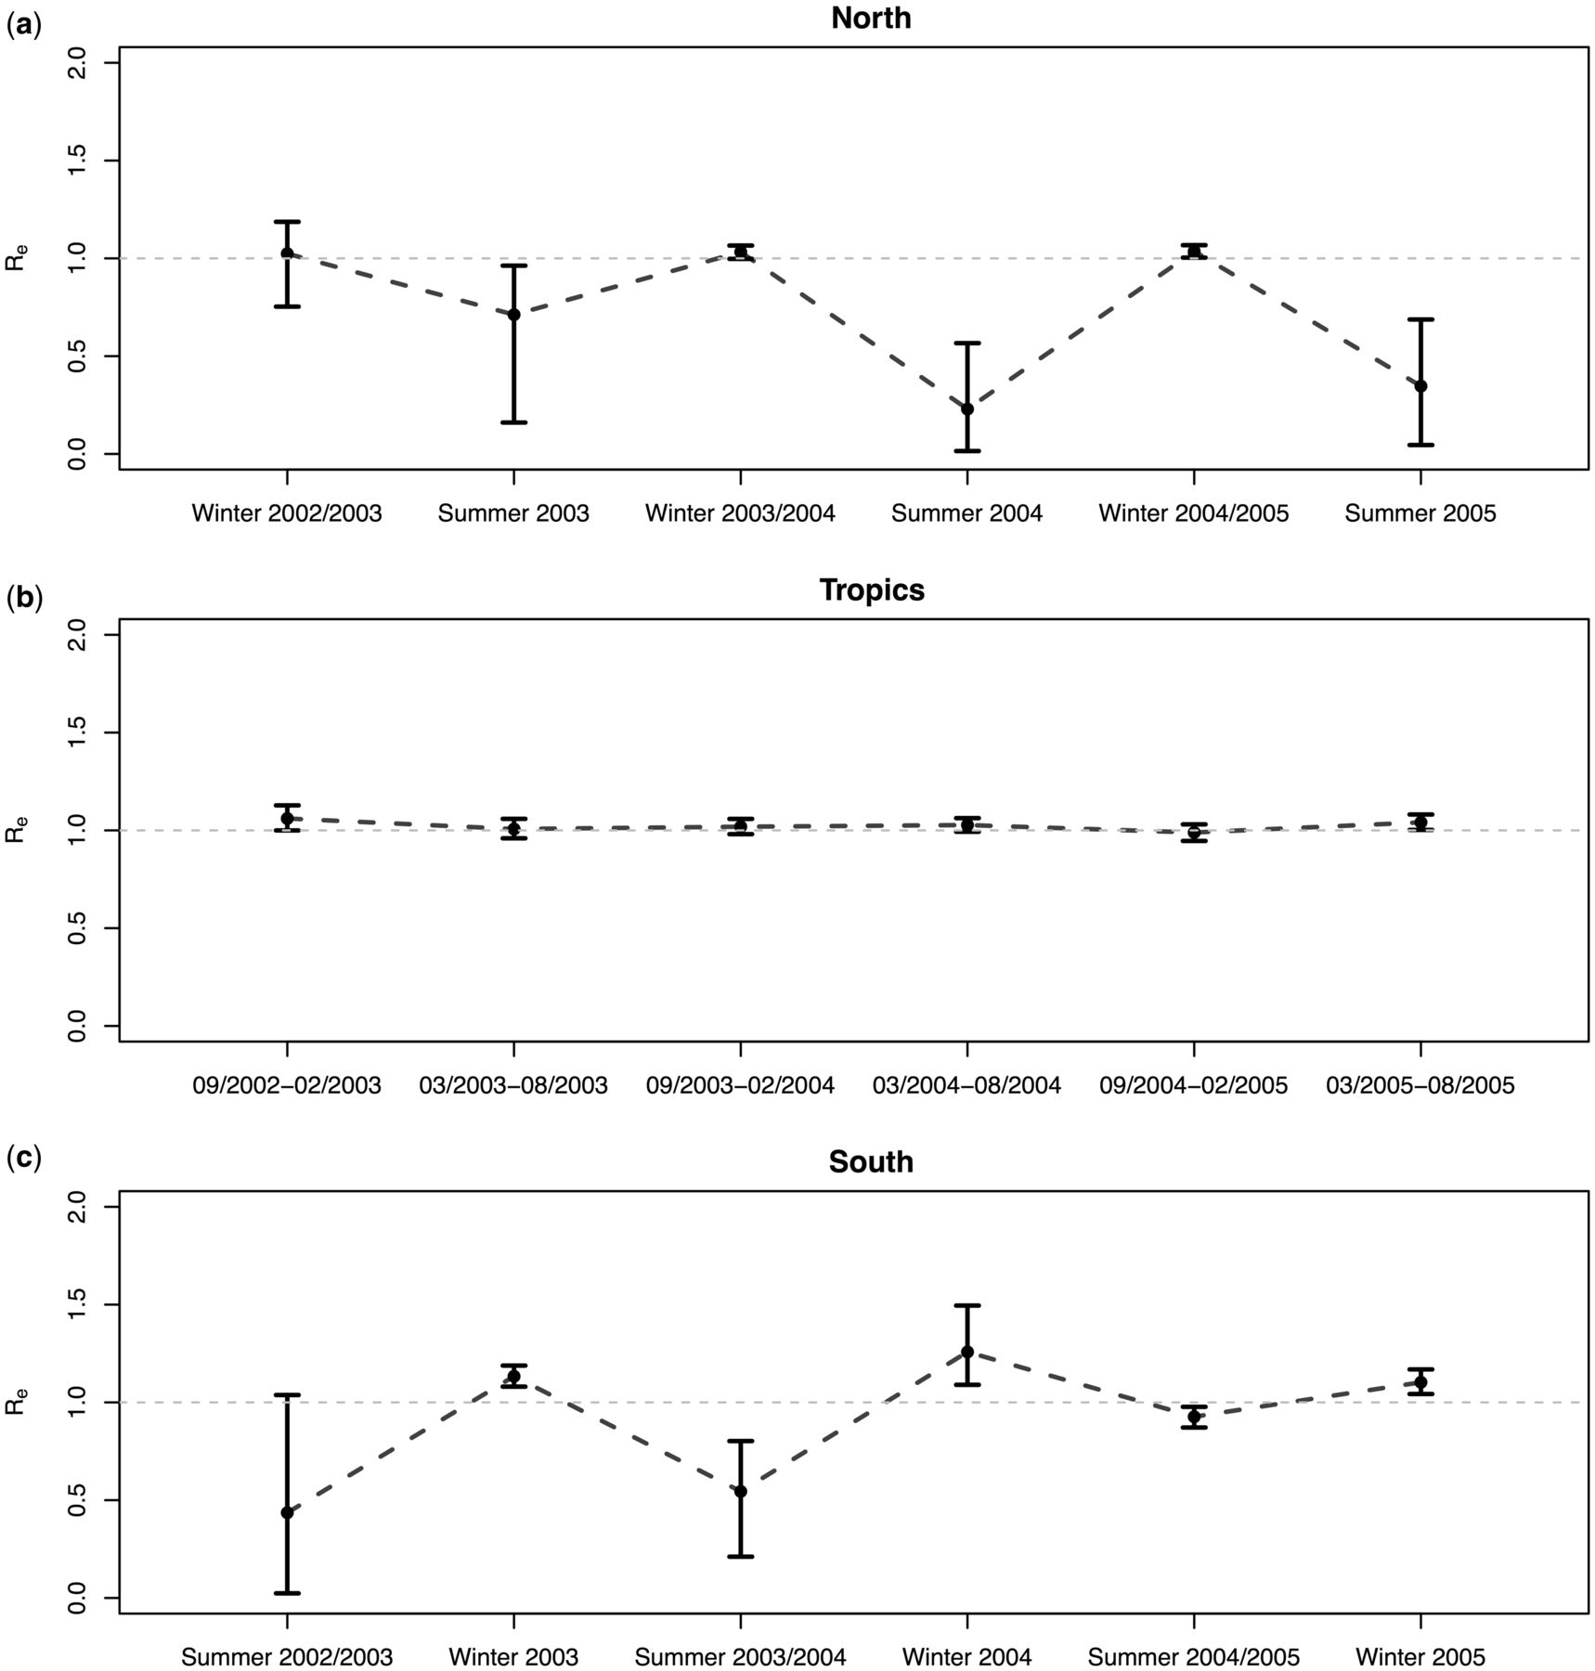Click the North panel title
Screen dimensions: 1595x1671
pos(871,18)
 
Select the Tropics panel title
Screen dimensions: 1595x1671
pos(872,590)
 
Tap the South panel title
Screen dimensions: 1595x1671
pos(871,1162)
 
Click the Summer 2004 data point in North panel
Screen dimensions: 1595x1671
pos(967,409)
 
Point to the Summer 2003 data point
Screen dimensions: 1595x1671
pos(514,315)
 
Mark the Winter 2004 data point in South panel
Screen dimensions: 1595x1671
pos(967,1352)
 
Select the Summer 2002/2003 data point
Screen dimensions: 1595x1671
pos(287,1513)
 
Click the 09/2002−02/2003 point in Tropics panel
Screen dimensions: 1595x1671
pos(287,818)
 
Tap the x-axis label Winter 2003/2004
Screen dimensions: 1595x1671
pos(740,513)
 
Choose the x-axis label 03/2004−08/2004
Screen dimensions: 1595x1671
pos(966,1085)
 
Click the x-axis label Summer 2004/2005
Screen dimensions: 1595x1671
pos(1194,1657)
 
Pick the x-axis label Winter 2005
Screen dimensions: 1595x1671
pos(1420,1657)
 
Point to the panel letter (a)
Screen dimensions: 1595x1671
pos(23,26)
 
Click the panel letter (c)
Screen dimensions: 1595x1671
pos(23,1159)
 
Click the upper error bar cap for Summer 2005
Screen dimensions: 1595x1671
pos(1420,319)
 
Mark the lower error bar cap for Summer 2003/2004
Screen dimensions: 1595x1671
pos(740,1557)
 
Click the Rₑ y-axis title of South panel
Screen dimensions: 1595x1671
pos(17,1402)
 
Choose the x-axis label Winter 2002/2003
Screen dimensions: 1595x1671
pos(287,513)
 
